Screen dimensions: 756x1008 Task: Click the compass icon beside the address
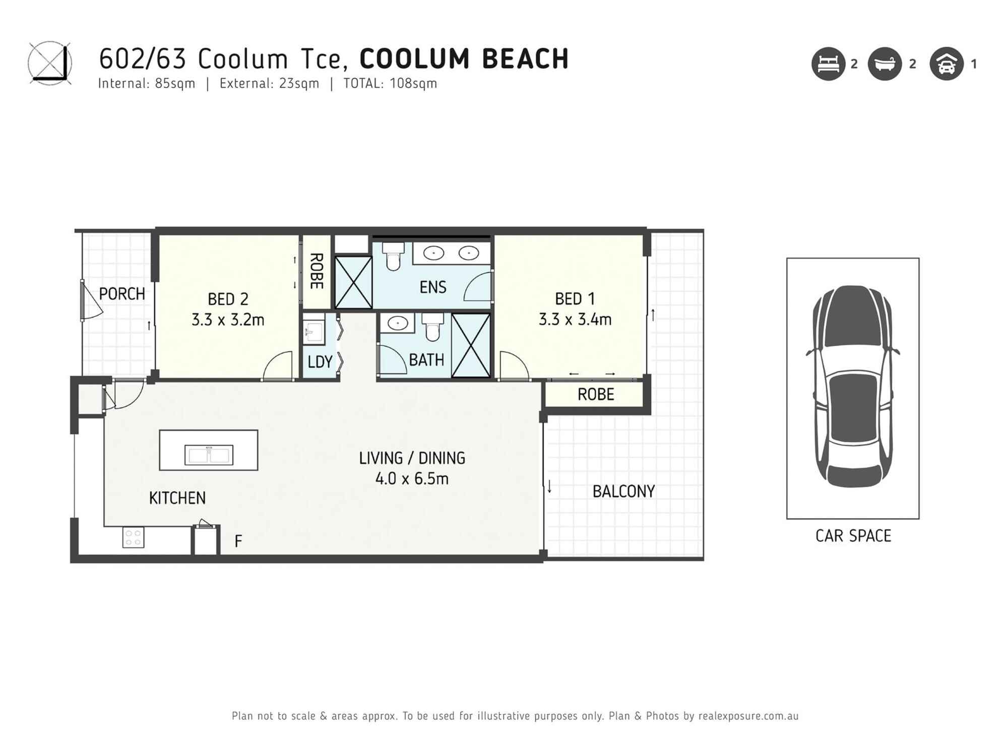point(49,64)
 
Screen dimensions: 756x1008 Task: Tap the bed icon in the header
point(828,64)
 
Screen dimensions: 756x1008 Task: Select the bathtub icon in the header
point(885,64)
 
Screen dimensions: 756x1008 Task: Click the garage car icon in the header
point(947,64)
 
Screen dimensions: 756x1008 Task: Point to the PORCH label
point(121,294)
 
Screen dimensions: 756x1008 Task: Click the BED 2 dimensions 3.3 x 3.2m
point(228,320)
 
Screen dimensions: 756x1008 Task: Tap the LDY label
point(320,362)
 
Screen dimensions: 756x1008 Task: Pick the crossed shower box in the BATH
point(471,345)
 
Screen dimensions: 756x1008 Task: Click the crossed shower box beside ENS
point(353,282)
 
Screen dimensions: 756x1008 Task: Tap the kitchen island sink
point(209,455)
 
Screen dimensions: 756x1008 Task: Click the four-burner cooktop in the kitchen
point(134,537)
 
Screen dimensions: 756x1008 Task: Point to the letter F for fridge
point(238,541)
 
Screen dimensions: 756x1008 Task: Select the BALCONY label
point(623,491)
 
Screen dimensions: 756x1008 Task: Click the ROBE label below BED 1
point(596,394)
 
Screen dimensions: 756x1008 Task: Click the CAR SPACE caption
point(853,536)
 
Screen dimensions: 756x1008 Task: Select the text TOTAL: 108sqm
point(390,84)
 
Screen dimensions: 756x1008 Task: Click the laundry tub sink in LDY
point(313,331)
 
